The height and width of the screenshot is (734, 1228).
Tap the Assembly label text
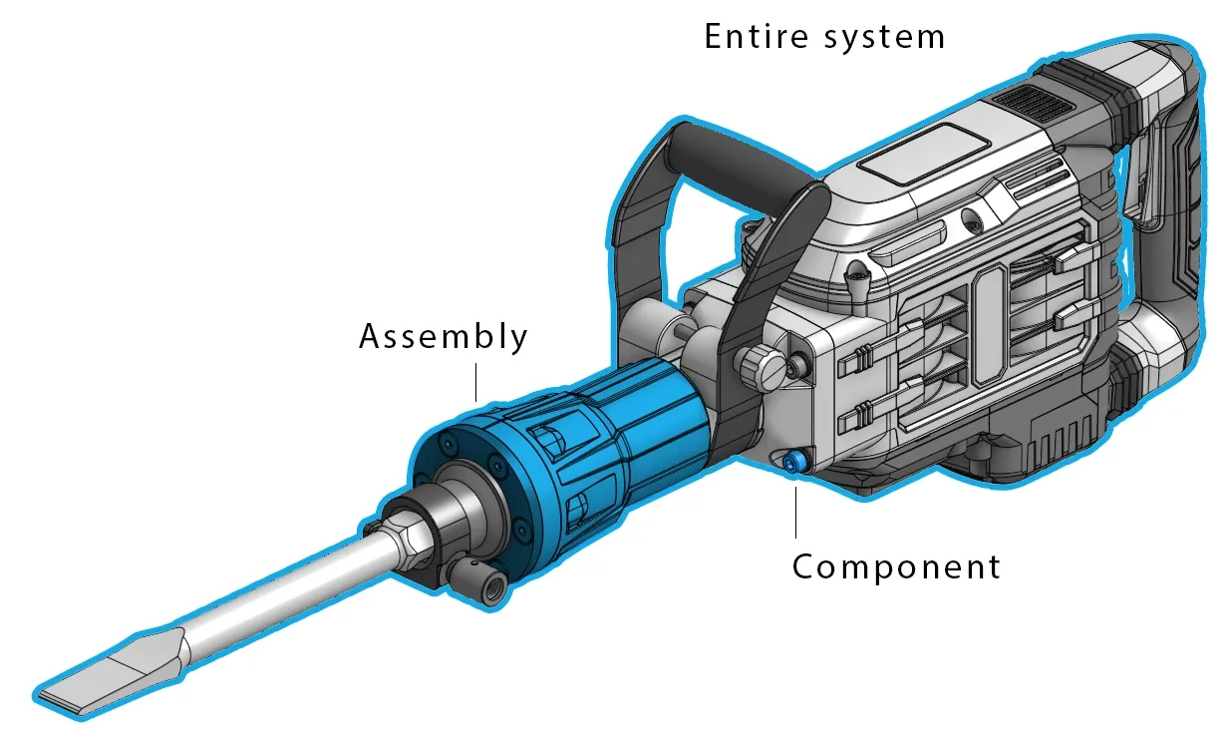(443, 336)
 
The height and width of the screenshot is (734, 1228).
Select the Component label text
(896, 567)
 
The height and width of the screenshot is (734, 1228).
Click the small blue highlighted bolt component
(795, 462)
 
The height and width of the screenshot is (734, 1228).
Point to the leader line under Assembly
(476, 383)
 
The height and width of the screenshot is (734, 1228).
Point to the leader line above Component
(795, 509)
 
